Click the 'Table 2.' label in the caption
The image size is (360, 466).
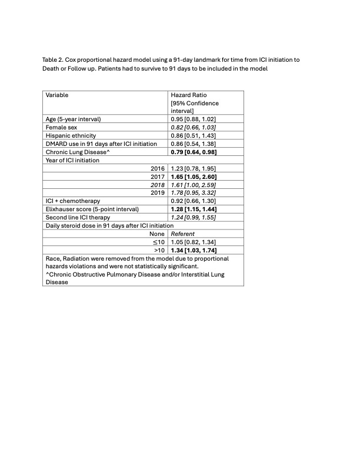tap(53, 60)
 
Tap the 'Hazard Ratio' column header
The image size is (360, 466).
tap(188, 95)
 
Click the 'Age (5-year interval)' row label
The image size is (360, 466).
tap(74, 119)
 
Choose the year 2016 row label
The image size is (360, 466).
tap(158, 168)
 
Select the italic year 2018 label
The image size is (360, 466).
tap(158, 185)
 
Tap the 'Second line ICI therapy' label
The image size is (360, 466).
tap(77, 217)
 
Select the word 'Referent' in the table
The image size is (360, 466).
tap(182, 234)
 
